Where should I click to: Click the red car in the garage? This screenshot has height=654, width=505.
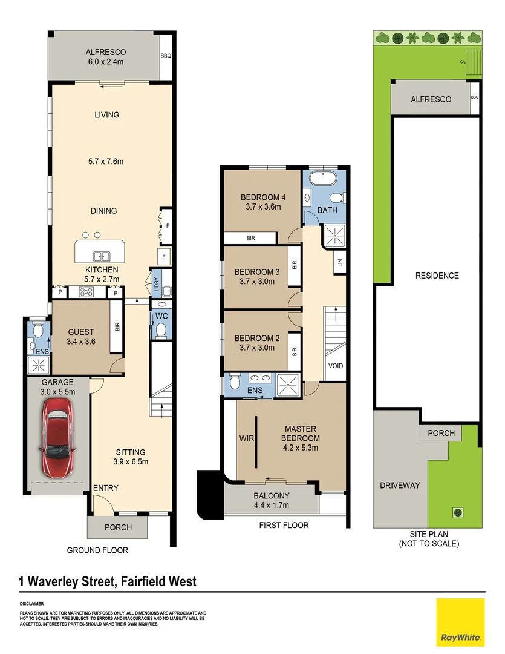(x=58, y=438)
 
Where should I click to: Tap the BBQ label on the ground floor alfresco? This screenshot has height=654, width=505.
(x=166, y=56)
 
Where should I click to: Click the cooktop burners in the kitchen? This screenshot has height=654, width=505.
(x=86, y=292)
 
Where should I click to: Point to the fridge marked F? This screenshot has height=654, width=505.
(x=164, y=257)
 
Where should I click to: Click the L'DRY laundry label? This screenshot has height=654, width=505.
(x=157, y=283)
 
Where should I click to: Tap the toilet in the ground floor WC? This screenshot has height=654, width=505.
(x=160, y=330)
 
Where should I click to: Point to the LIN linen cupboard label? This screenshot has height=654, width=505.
(x=340, y=263)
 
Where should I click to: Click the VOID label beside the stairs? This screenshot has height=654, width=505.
(x=336, y=366)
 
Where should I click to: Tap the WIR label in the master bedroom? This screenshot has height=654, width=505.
(x=246, y=438)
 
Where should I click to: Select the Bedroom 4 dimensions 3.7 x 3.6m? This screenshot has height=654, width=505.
(x=263, y=206)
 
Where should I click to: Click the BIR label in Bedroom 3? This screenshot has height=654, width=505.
(x=295, y=265)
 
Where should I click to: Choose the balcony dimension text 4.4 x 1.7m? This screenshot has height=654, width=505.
(x=272, y=505)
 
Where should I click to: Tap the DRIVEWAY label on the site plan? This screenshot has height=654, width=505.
(x=400, y=486)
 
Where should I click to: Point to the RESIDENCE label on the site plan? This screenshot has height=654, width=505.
(x=437, y=276)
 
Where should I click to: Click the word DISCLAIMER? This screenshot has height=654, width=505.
(x=31, y=604)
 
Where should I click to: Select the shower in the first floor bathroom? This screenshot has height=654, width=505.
(x=335, y=236)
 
